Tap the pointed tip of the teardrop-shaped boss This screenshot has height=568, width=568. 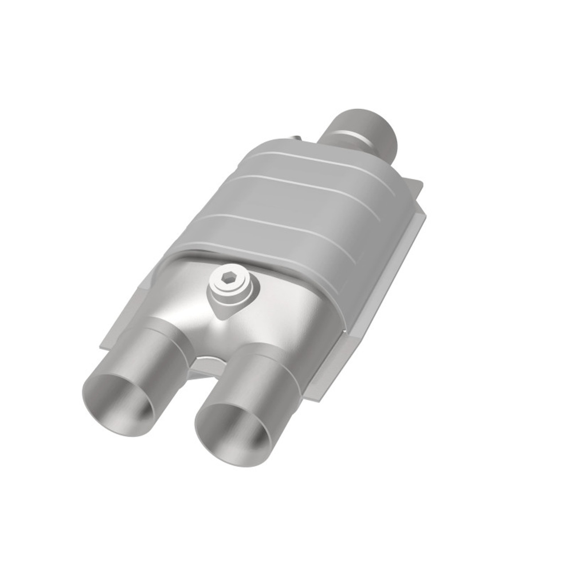(x=221, y=316)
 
